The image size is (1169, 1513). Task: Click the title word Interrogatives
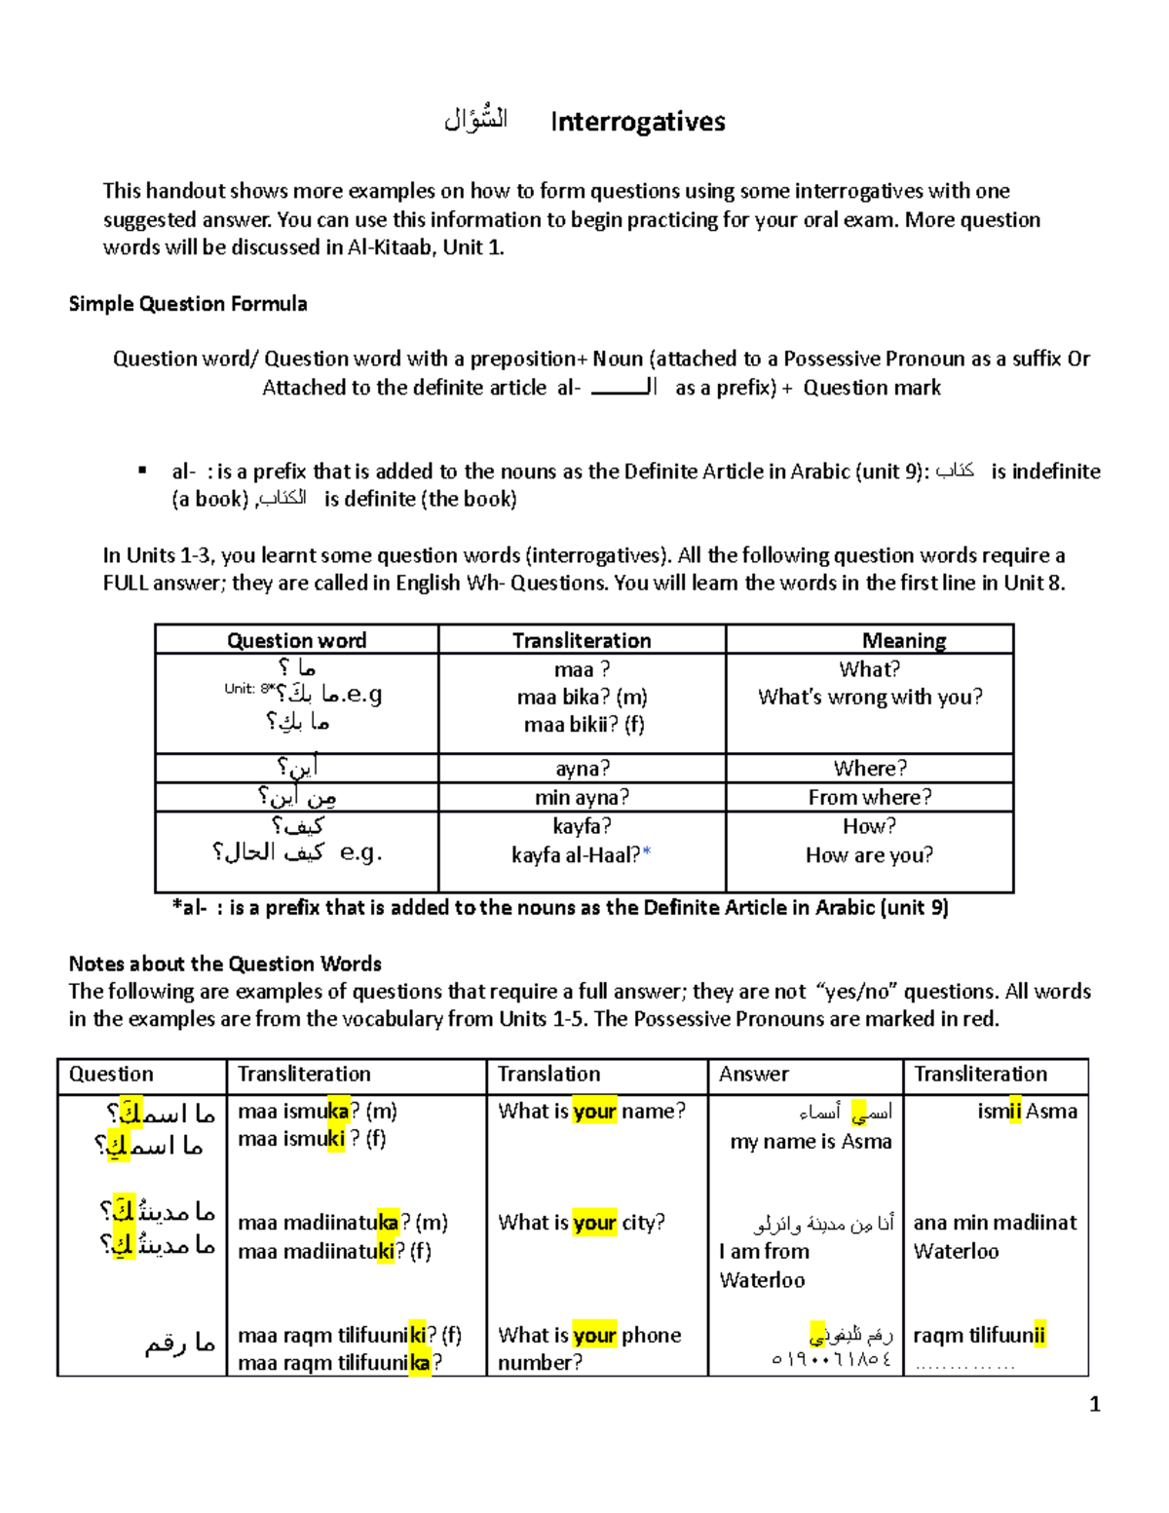637,122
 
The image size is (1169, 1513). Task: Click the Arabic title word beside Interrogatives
475,120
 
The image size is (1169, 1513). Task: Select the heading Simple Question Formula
188,304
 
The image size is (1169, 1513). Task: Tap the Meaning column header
903,640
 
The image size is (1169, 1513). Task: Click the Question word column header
296,640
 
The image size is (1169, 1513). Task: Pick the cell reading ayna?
583,769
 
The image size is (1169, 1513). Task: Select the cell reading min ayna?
582,797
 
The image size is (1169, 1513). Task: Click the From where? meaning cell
869,797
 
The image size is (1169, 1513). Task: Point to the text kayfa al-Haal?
576,854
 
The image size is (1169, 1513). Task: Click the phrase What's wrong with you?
870,697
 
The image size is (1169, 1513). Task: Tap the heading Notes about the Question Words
225,964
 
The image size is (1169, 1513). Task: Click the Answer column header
753,1074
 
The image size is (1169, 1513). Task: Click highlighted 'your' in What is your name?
594,1111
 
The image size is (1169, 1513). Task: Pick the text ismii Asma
1027,1111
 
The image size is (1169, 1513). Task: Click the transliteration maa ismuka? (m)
318,1111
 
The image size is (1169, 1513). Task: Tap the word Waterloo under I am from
762,1280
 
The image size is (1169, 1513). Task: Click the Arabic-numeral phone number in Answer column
830,1360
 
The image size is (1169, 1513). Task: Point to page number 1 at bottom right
1094,1404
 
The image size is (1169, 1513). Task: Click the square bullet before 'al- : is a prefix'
142,471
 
